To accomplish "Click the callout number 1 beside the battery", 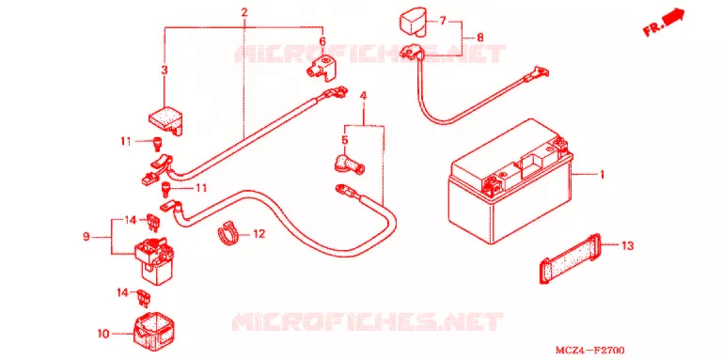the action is (601, 175).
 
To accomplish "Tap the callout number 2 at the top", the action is (244, 12).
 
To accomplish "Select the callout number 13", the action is (627, 246).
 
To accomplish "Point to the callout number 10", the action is (103, 334).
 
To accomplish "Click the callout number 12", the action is (259, 234).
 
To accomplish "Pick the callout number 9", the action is (86, 237).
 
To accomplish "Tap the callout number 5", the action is (345, 139).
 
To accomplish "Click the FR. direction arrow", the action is (665, 23).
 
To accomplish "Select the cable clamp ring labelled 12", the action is (228, 234).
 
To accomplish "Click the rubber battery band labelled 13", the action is (571, 259).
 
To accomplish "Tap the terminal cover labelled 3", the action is (165, 120).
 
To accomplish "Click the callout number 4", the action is (363, 96).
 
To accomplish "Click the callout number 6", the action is (322, 42).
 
